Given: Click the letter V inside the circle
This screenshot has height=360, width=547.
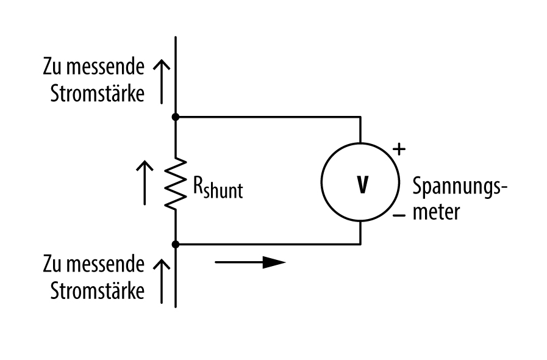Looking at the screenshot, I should point(362,185).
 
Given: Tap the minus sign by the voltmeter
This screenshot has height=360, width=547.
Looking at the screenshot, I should point(399,215).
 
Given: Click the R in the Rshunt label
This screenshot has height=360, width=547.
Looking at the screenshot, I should point(199,185).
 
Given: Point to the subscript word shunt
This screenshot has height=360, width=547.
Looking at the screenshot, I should point(224,192).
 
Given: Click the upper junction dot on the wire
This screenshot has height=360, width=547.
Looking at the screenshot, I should point(176,116).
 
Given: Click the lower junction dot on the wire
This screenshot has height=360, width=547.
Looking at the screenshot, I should point(176,244).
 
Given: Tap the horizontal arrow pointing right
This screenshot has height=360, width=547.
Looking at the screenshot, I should point(250,262).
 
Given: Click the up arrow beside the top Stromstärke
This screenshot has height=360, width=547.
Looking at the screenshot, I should point(162,81).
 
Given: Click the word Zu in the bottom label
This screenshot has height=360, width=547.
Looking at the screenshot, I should point(52,264).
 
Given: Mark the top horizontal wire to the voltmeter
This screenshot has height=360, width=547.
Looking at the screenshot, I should point(268,116).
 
